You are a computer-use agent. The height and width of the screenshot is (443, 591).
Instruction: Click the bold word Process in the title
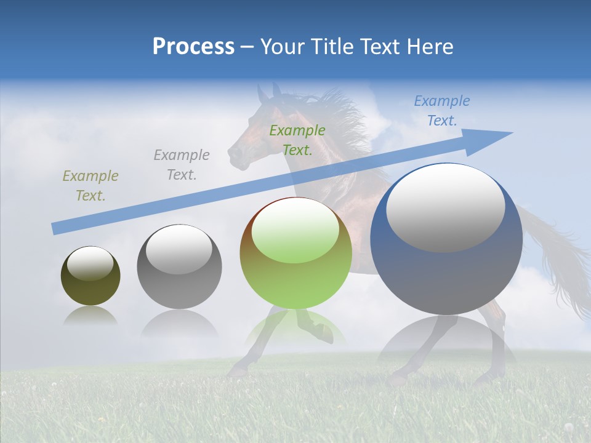click(x=193, y=46)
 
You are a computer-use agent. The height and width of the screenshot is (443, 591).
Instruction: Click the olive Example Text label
click(x=90, y=186)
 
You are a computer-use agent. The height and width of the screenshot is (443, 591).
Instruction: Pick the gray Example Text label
click(x=182, y=165)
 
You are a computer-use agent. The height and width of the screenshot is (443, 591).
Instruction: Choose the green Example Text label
click(x=297, y=140)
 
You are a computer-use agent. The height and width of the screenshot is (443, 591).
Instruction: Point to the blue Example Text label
click(x=442, y=111)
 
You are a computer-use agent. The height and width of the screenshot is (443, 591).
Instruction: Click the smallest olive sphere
click(x=90, y=276)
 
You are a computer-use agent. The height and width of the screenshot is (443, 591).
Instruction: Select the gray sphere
click(x=179, y=266)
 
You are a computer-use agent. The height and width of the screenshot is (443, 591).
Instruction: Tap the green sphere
click(x=296, y=253)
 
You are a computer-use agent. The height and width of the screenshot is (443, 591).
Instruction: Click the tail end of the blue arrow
click(x=55, y=228)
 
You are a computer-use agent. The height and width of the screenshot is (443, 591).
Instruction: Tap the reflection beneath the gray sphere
click(x=179, y=323)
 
